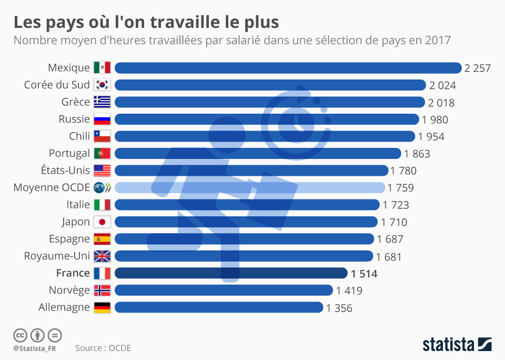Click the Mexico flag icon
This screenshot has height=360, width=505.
[x=102, y=68]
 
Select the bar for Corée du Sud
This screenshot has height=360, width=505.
[x=270, y=85]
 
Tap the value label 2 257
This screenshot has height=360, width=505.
[x=478, y=68]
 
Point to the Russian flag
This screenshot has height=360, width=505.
[x=102, y=119]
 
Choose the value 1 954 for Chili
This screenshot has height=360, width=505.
[x=431, y=136]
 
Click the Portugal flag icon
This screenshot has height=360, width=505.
[x=102, y=153]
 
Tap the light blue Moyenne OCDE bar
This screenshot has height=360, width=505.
[x=249, y=187]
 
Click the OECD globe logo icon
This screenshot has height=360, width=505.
[x=102, y=187]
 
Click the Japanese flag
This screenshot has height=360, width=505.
[x=102, y=222]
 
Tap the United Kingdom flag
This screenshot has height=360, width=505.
[x=102, y=256]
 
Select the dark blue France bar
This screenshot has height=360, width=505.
[x=231, y=273]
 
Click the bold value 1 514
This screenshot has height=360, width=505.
[x=364, y=274]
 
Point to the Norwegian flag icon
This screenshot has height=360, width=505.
[x=102, y=290]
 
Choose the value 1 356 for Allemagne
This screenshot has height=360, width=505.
[x=339, y=308]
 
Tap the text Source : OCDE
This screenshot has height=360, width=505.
[x=103, y=348]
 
